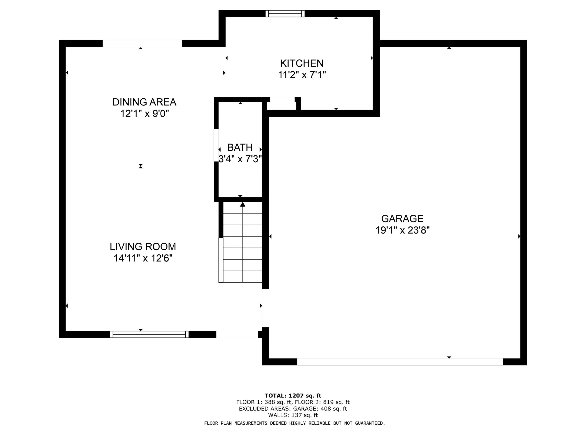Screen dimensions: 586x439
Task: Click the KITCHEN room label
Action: [302, 63]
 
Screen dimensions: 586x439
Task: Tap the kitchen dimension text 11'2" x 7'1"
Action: [302, 75]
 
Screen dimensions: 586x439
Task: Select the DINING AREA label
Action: [144, 102]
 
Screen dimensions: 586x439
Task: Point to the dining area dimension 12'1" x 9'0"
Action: [144, 114]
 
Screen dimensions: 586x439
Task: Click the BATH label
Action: [240, 147]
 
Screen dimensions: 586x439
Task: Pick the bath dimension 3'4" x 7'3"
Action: [240, 159]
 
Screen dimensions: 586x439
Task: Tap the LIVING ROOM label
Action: [143, 247]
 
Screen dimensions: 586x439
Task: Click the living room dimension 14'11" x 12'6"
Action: [143, 258]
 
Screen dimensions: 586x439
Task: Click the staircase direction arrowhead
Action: [243, 204]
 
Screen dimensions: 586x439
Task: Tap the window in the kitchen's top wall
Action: [285, 13]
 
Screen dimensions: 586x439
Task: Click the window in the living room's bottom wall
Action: [149, 335]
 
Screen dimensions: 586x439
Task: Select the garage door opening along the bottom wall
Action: [400, 362]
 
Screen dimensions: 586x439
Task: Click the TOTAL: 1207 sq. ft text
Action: [293, 396]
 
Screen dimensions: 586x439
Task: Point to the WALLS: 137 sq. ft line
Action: [293, 415]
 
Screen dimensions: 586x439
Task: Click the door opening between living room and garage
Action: [266, 308]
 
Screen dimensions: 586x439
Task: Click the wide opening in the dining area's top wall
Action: [142, 43]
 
